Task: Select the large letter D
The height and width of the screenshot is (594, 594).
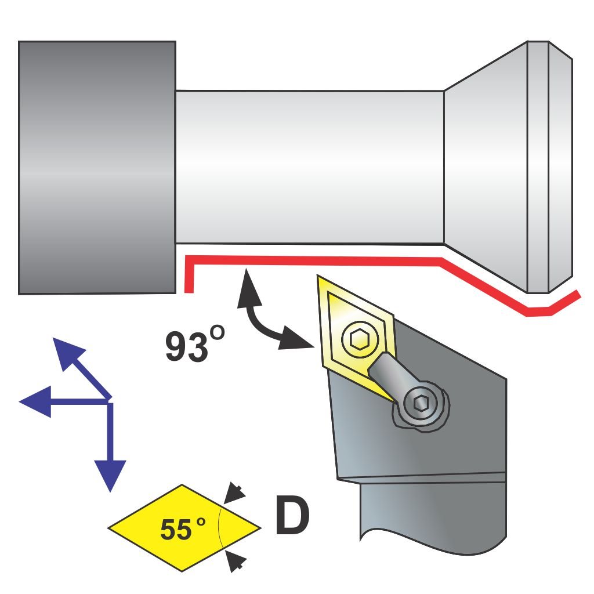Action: pyautogui.click(x=292, y=515)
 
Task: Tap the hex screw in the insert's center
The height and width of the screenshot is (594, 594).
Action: pyautogui.click(x=360, y=339)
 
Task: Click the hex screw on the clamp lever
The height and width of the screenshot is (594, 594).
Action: pyautogui.click(x=420, y=403)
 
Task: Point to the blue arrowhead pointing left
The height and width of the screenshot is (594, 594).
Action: pyautogui.click(x=35, y=401)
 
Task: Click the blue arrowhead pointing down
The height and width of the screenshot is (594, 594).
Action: pyautogui.click(x=110, y=476)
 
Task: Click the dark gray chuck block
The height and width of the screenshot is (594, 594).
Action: pyautogui.click(x=97, y=168)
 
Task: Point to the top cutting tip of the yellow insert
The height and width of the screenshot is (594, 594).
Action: pyautogui.click(x=317, y=276)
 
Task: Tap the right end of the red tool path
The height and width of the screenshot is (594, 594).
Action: pyautogui.click(x=578, y=294)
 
